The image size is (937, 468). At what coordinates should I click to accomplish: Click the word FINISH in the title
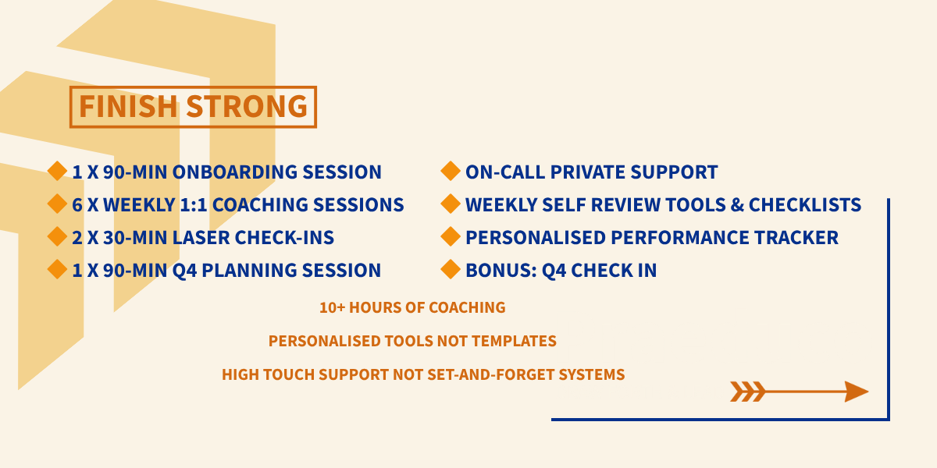point(128,106)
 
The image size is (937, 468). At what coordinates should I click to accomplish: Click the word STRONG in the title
point(247,106)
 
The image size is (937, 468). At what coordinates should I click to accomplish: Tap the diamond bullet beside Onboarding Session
point(57,171)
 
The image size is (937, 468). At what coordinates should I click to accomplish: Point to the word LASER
point(201,237)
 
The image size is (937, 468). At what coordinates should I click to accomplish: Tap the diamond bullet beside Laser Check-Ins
point(57,236)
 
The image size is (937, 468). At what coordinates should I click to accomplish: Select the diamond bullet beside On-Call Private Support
point(451,171)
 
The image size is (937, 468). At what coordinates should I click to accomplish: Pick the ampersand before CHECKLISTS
point(736,204)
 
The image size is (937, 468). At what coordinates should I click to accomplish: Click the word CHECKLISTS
point(805,204)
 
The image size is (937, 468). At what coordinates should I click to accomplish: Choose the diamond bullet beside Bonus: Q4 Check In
point(451,269)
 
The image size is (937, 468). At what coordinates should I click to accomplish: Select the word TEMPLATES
point(514,341)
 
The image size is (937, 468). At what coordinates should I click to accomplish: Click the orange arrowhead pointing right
point(857,392)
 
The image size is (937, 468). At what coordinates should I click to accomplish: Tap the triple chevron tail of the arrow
point(748,392)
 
